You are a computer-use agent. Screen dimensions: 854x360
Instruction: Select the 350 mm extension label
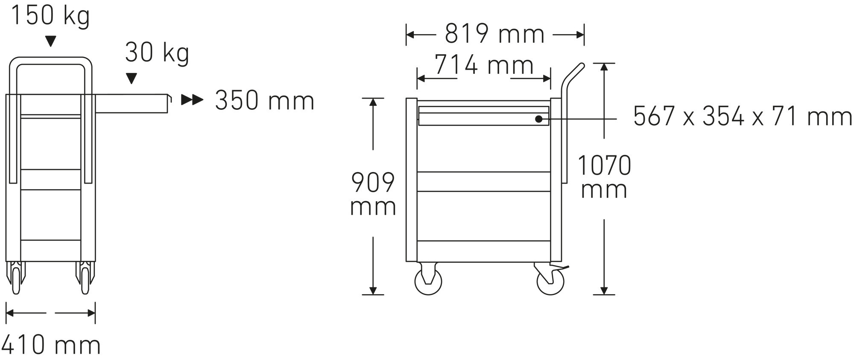(265, 100)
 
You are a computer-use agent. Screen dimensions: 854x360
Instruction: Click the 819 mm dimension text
(494, 34)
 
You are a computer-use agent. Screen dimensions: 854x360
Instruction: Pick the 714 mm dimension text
(484, 65)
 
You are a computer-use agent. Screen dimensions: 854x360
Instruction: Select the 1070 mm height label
(604, 177)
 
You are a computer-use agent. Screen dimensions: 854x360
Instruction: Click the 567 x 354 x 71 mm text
(743, 116)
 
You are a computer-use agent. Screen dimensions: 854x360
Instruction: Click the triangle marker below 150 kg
(51, 41)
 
